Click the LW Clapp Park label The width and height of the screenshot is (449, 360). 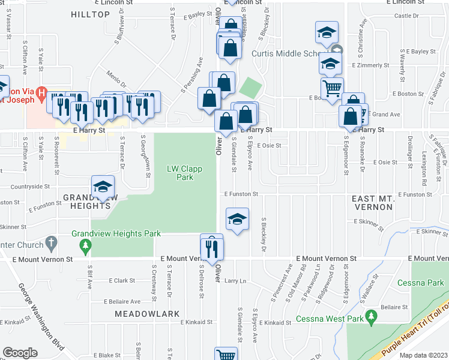coord(184,173)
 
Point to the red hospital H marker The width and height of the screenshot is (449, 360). coord(41,92)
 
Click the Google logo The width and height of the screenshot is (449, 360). coord(20,353)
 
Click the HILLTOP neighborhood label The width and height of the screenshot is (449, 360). coord(91,13)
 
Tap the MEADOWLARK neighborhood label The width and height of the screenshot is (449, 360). coord(143,314)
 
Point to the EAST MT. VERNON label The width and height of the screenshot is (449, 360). coord(372,203)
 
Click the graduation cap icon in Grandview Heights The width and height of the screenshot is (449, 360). coord(103,187)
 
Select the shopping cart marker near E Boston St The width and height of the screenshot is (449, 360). coord(332,89)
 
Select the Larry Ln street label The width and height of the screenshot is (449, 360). coord(235,281)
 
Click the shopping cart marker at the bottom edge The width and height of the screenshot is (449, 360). coord(226,355)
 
